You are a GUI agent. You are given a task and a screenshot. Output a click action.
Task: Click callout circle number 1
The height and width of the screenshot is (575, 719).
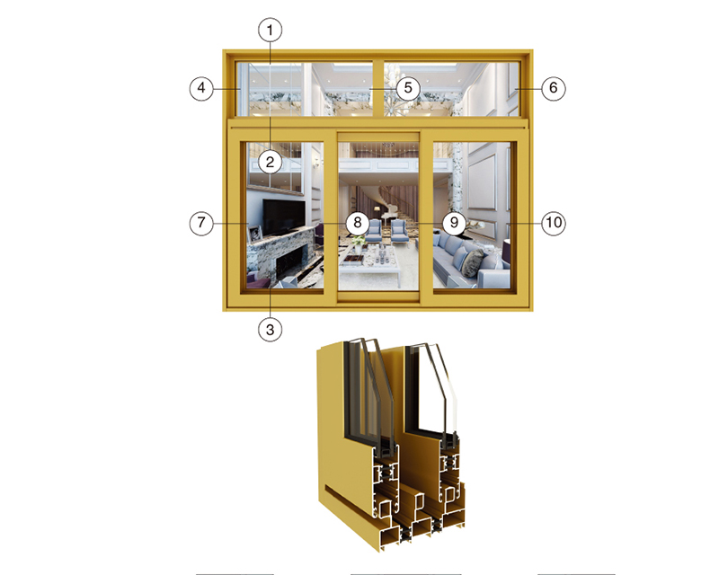[x=271, y=31]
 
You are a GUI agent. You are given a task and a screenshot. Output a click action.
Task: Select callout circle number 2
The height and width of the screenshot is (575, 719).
[x=271, y=162]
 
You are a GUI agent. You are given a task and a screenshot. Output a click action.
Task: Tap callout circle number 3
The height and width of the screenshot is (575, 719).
[x=271, y=329]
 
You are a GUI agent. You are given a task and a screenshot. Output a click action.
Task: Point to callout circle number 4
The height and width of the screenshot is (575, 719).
[x=201, y=87]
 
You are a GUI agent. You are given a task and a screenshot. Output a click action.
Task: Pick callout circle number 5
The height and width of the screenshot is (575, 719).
[x=408, y=87]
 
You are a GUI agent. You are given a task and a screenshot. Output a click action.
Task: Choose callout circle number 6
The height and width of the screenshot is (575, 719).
[x=554, y=87]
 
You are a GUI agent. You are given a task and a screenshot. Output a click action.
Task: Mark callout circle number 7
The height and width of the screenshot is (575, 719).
[x=201, y=223]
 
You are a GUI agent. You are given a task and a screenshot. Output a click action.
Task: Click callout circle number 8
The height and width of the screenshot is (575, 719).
[x=358, y=223]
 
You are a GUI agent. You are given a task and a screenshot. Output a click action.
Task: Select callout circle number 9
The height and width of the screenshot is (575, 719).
[x=454, y=223]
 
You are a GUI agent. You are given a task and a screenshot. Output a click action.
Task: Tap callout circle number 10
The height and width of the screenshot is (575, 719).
[x=554, y=223]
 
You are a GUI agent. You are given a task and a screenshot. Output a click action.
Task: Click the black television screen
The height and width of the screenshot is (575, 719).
[x=284, y=217]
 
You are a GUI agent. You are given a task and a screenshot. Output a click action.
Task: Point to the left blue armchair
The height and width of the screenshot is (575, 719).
[x=375, y=230]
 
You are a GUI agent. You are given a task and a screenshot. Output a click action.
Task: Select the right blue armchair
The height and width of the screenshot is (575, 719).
[x=399, y=230]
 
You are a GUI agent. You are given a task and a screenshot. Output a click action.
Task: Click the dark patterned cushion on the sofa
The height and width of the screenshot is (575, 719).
[x=473, y=262]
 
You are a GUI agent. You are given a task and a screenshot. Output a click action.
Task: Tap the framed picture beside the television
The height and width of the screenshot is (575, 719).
[x=254, y=234]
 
